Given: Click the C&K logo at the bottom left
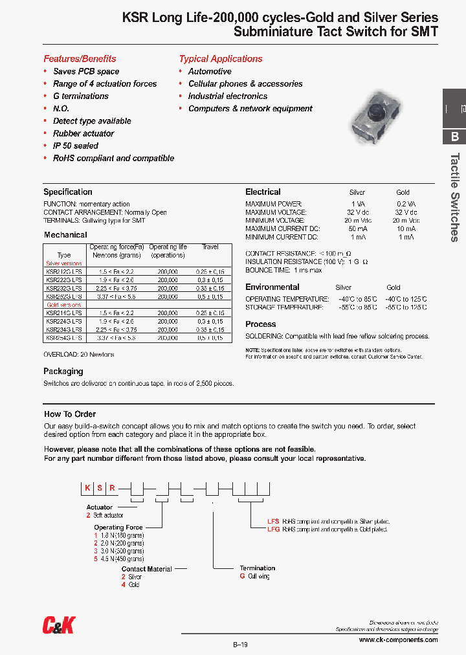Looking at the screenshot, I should tap(59, 625).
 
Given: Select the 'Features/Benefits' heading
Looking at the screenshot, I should tap(80, 58).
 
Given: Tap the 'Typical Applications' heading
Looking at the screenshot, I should tap(221, 58).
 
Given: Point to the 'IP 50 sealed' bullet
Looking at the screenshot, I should tap(76, 146).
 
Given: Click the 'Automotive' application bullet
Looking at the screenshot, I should tap(210, 71).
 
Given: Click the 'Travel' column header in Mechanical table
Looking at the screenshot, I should tap(210, 247).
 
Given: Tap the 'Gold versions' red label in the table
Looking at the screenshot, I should tap(63, 304).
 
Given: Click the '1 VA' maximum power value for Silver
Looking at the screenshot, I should tap(357, 204).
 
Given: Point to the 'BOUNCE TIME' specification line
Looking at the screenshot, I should tap(283, 270).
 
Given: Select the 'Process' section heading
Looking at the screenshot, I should tap(260, 324).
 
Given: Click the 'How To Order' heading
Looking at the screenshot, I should tap(70, 414).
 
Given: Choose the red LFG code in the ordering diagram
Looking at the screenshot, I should tap(273, 529).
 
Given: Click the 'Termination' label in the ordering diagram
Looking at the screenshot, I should tap(257, 568).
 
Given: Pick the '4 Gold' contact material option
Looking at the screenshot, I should tap(131, 584).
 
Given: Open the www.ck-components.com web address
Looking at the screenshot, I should tap(398, 639).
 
